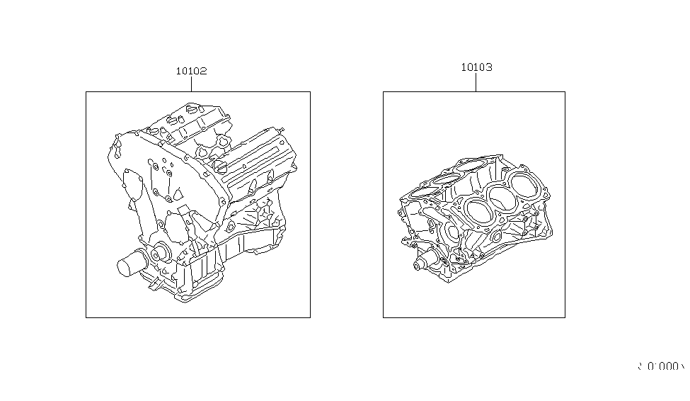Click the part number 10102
191,71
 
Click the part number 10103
476,67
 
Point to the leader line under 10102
191,84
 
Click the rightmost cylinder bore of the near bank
524,186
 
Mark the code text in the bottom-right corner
660,366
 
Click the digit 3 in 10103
489,67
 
